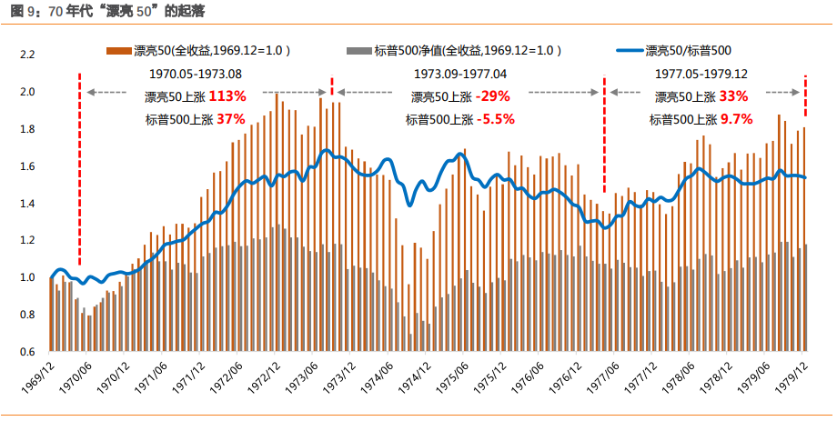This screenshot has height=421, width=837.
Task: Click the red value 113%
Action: pyautogui.click(x=227, y=96)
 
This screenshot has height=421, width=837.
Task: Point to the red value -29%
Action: pyautogui.click(x=493, y=96)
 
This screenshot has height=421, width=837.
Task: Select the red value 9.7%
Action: pyautogui.click(x=737, y=119)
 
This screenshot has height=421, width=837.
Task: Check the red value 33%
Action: pyautogui.click(x=733, y=96)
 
